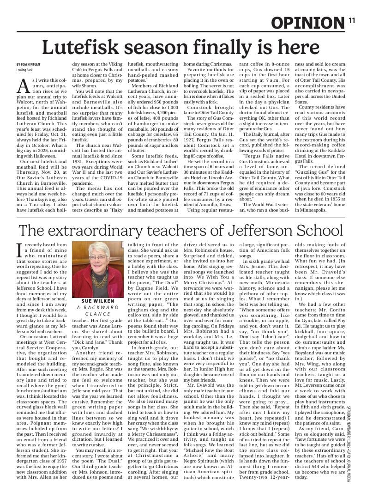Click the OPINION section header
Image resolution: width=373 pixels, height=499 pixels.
[x=307, y=23]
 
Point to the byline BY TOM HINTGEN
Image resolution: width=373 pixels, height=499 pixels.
[x=28, y=64]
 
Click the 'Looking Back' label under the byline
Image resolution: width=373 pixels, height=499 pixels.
[x=25, y=69]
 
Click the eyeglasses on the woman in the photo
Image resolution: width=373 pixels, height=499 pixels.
[x=98, y=257]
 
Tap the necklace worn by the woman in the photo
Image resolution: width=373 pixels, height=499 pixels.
[x=98, y=280]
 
